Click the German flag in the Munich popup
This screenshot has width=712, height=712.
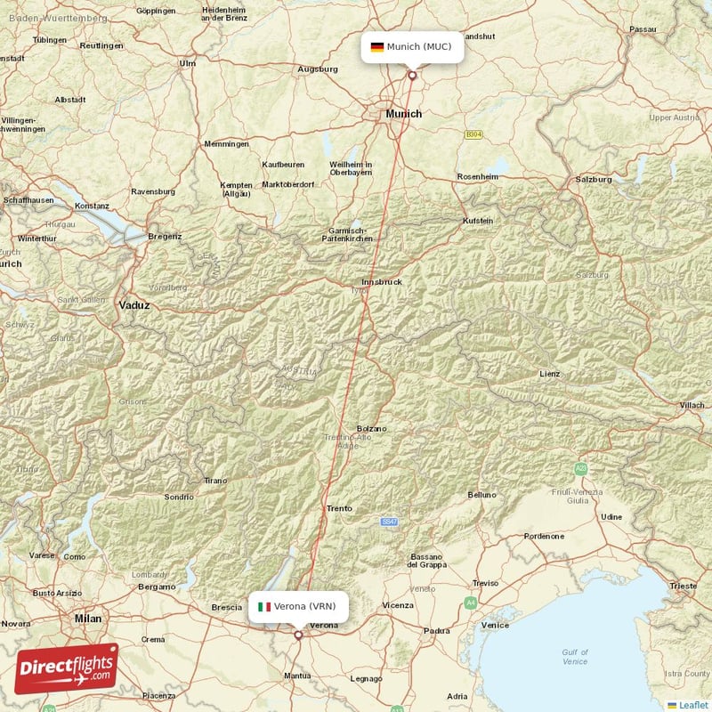377,46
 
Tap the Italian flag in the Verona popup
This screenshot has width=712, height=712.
264,607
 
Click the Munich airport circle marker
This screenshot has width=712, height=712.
412,75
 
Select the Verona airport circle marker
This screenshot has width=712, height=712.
298,635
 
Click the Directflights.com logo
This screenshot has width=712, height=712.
67,667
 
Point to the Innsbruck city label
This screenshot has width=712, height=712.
382,281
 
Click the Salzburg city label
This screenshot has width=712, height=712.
594,179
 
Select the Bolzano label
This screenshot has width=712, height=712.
371,428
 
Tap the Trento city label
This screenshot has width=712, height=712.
339,508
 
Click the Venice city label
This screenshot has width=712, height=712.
495,625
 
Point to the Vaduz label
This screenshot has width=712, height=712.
134,304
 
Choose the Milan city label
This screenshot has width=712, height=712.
88,618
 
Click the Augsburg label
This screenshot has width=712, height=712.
318,69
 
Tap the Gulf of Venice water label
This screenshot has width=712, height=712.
575,657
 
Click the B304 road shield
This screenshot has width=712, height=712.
473,134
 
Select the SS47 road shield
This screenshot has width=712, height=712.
388,522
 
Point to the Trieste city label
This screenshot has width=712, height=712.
683,586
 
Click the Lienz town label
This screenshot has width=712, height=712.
550,374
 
